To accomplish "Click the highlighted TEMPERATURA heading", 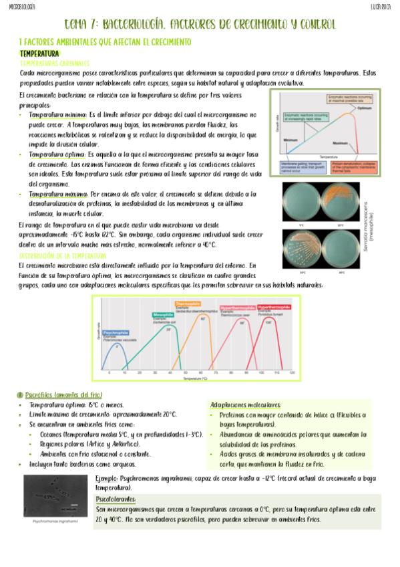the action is [40, 53].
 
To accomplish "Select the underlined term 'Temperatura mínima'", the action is [58, 115].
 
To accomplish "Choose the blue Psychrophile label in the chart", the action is [116, 332].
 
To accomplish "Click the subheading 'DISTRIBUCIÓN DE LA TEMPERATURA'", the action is [63, 256].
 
